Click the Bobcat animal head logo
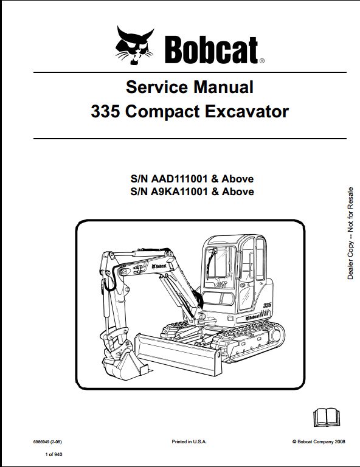pos(134,45)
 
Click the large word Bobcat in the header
pos(212,50)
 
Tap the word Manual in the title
pos(223,87)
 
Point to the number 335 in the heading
pos(105,112)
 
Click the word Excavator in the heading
pos(246,112)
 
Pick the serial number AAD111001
pos(179,179)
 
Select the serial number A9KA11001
pos(179,191)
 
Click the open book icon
pos(327,417)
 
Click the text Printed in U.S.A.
pos(189,441)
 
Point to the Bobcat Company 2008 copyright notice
pos(319,441)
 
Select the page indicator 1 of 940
pos(54,454)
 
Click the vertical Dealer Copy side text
pos(350,233)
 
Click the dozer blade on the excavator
pos(178,355)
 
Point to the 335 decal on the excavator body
pos(267,306)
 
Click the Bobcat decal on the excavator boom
pos(159,266)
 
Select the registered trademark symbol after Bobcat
pos(261,61)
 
